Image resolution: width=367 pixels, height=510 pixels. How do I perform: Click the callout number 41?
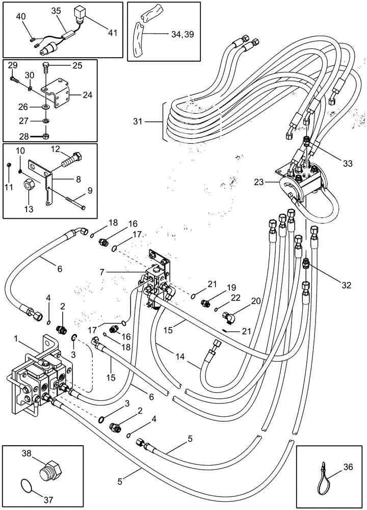coord(112,33)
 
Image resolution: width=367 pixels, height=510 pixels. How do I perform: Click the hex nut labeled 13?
coord(30,183)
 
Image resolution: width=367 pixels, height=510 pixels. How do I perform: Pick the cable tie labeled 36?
coord(321,475)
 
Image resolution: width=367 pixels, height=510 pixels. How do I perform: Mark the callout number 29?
coord(13,65)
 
